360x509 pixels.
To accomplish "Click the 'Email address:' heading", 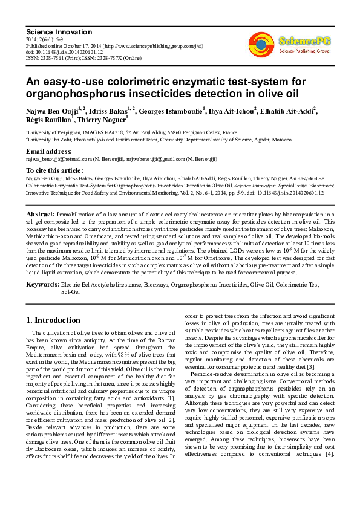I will tap(48, 151).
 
